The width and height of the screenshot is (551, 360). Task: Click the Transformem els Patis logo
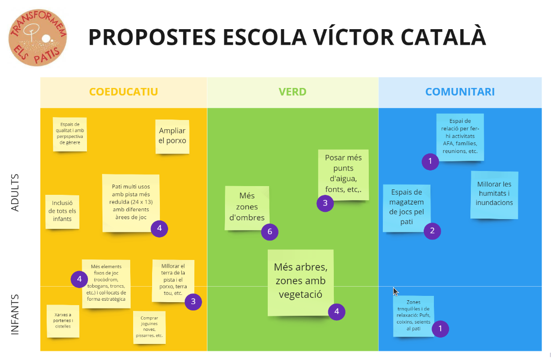click(37, 37)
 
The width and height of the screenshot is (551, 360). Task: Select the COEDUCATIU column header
click(123, 92)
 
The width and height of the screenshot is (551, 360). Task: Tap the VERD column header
click(293, 92)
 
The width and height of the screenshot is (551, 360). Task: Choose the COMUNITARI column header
click(460, 92)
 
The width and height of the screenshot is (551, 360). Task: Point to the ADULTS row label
click(15, 192)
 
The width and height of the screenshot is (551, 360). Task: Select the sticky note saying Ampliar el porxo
click(172, 136)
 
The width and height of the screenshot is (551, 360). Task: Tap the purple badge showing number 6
click(270, 232)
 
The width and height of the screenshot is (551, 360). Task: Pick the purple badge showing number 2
click(432, 230)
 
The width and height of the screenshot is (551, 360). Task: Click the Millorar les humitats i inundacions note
click(494, 194)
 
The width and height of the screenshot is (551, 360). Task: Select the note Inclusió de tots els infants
click(62, 211)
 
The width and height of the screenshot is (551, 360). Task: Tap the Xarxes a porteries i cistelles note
click(63, 321)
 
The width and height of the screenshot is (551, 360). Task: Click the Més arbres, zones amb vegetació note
click(300, 282)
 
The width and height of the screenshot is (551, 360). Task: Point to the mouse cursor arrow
click(396, 291)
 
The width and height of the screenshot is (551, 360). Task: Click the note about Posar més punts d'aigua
click(343, 174)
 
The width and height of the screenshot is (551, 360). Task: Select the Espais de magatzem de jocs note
click(407, 207)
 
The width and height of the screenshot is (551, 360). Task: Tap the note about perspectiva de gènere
click(69, 134)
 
